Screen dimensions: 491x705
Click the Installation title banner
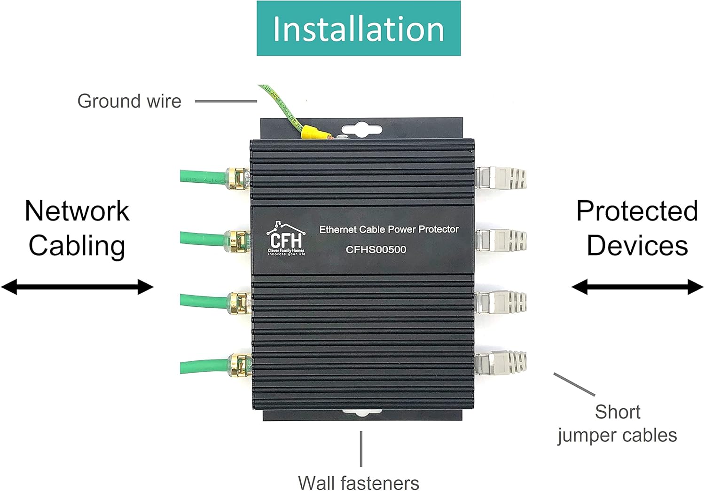click(x=358, y=29)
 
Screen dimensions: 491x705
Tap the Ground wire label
click(x=129, y=101)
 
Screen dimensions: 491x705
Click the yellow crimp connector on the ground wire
click(x=314, y=132)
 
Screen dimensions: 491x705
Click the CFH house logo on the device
click(x=286, y=239)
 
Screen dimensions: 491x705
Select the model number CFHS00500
click(x=376, y=249)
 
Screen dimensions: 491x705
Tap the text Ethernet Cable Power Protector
click(x=389, y=229)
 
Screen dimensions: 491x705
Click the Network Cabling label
click(x=77, y=228)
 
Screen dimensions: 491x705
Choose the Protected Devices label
click(x=637, y=228)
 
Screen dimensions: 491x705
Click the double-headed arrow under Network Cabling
click(x=77, y=287)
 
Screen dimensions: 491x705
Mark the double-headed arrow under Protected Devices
click(x=637, y=287)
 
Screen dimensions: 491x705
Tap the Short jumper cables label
click(x=617, y=423)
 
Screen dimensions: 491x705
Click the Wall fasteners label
click(x=358, y=483)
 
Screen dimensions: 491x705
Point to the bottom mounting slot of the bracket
click(x=362, y=413)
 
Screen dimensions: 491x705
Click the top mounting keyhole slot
click(x=361, y=130)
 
